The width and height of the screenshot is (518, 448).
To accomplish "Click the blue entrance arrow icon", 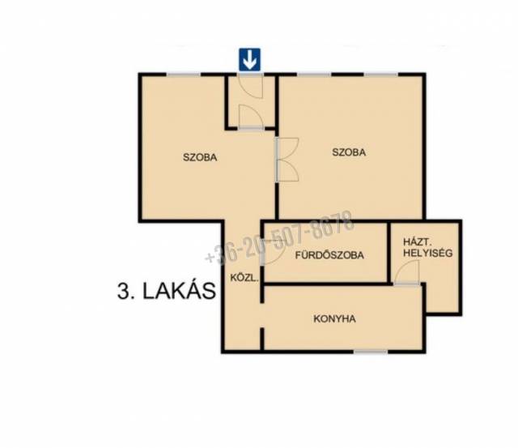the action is pyautogui.click(x=250, y=59).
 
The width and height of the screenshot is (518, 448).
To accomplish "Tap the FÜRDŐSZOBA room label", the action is pyautogui.click(x=329, y=255).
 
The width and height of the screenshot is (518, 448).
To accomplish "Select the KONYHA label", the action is pyautogui.click(x=334, y=318).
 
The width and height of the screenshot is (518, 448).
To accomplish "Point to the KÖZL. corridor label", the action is pyautogui.click(x=244, y=278).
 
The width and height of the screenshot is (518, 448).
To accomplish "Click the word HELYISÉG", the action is pyautogui.click(x=427, y=253).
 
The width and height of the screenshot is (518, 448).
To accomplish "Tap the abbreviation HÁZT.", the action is pyautogui.click(x=415, y=241).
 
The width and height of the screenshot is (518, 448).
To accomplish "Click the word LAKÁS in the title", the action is pyautogui.click(x=179, y=292).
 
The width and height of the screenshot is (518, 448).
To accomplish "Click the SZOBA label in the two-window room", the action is pyautogui.click(x=349, y=152).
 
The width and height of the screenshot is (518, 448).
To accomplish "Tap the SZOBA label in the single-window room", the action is pyautogui.click(x=200, y=157).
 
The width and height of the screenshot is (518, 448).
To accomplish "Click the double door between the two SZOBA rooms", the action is pyautogui.click(x=287, y=160).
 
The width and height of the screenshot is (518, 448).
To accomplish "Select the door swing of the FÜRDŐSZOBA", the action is pyautogui.click(x=273, y=251).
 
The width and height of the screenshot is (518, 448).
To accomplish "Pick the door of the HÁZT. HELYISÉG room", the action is pyautogui.click(x=407, y=272).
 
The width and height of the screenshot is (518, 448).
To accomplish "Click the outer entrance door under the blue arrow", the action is pyautogui.click(x=250, y=86).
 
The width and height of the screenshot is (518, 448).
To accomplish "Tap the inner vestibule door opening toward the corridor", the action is pyautogui.click(x=251, y=117).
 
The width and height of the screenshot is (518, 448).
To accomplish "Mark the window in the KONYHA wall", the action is pyautogui.click(x=371, y=352).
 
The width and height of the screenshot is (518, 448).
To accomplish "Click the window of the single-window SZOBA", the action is pyautogui.click(x=184, y=75).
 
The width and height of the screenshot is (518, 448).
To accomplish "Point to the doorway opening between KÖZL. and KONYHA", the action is pyautogui.click(x=262, y=316).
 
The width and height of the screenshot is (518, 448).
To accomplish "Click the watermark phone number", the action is pyautogui.click(x=279, y=237).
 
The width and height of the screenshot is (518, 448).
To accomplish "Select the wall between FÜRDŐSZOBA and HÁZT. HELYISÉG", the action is pyautogui.click(x=388, y=252).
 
